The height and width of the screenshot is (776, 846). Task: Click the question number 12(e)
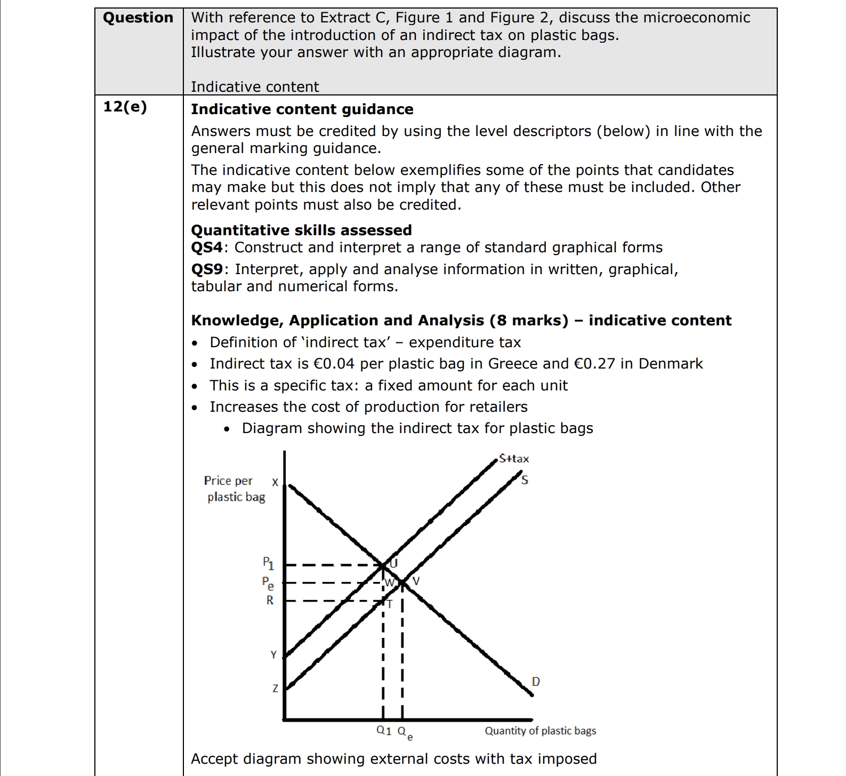click(125, 107)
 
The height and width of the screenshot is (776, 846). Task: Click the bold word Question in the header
click(138, 18)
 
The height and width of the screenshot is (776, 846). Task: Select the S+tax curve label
click(514, 459)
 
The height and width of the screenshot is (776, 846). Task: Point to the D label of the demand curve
click(536, 682)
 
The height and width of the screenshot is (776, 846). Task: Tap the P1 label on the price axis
click(268, 563)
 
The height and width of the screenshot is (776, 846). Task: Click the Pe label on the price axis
click(268, 583)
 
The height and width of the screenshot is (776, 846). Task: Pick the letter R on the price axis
click(270, 601)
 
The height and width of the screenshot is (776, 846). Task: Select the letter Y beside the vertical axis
click(273, 655)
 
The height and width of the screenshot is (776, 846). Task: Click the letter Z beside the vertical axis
click(275, 689)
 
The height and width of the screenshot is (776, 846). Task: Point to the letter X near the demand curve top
click(275, 482)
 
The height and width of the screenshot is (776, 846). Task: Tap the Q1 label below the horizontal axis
click(384, 731)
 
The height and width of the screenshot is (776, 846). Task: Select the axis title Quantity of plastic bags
click(540, 731)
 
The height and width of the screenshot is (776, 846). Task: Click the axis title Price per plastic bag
click(235, 489)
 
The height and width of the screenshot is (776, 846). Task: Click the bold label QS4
click(206, 247)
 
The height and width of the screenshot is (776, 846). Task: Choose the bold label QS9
click(206, 269)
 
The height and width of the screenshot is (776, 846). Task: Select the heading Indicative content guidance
click(302, 109)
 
